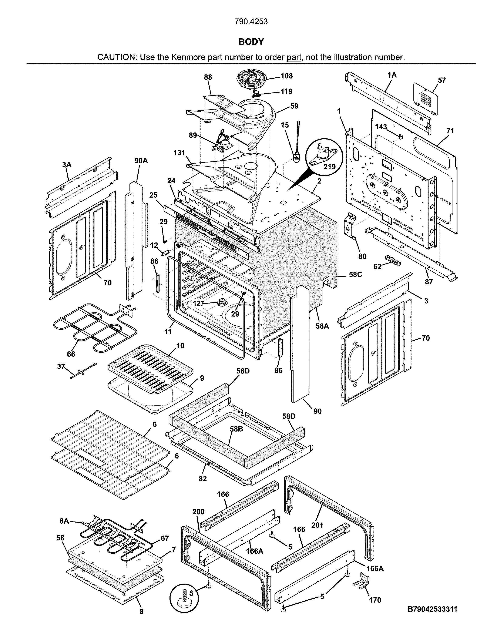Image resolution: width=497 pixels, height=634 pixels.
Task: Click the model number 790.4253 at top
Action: coord(251,21)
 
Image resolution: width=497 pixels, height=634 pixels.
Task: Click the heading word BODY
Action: coord(251,42)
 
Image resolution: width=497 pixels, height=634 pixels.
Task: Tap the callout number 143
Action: coord(381,127)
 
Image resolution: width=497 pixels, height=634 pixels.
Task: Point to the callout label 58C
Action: coord(355,274)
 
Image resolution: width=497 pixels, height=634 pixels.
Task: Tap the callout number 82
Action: coord(203,478)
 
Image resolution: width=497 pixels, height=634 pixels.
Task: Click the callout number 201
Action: coord(318,525)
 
